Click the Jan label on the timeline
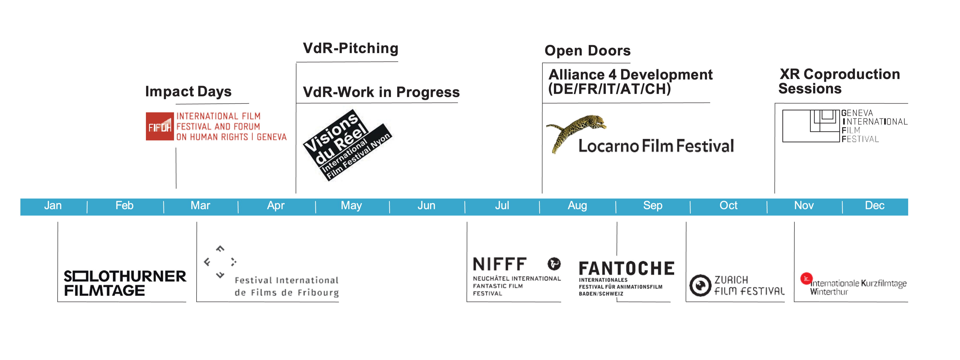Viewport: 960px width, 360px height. point(53,205)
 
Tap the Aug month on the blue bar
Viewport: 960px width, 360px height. point(577,206)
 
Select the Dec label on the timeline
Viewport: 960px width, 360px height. point(875,205)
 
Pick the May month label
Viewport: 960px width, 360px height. point(351,206)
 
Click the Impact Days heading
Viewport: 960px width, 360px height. point(189,91)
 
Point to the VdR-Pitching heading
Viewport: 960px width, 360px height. point(351,48)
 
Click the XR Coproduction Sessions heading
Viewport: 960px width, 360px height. point(839,81)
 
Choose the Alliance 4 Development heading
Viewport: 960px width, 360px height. point(630,82)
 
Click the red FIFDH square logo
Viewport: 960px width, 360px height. point(160,126)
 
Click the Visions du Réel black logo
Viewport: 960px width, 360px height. point(347,145)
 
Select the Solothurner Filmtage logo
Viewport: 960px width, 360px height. point(125,283)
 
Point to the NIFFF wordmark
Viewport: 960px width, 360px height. point(500,264)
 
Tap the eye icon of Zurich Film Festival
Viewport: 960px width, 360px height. point(700,285)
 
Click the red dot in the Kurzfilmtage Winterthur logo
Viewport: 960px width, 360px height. point(806,278)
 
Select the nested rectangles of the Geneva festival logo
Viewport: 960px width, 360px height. point(811,126)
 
